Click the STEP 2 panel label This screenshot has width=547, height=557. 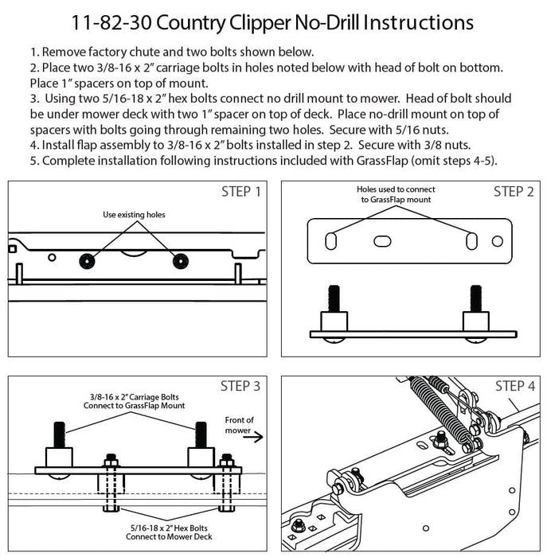513,192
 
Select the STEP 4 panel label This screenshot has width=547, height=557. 514,387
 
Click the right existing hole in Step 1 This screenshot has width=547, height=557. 181,260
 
